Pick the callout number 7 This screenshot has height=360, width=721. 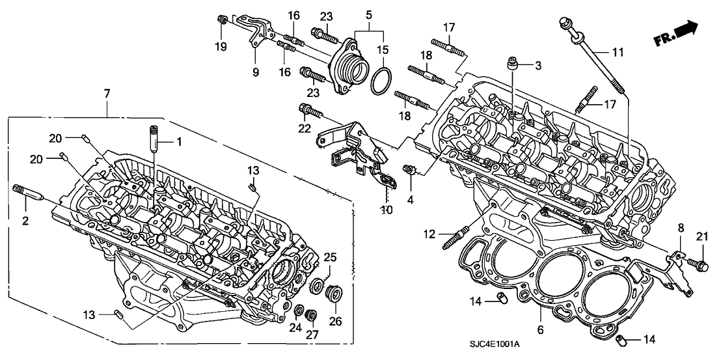(107, 95)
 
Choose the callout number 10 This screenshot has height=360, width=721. (388, 210)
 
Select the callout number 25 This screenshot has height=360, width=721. (331, 259)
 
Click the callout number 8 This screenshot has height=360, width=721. (681, 227)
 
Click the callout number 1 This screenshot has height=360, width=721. (177, 142)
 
